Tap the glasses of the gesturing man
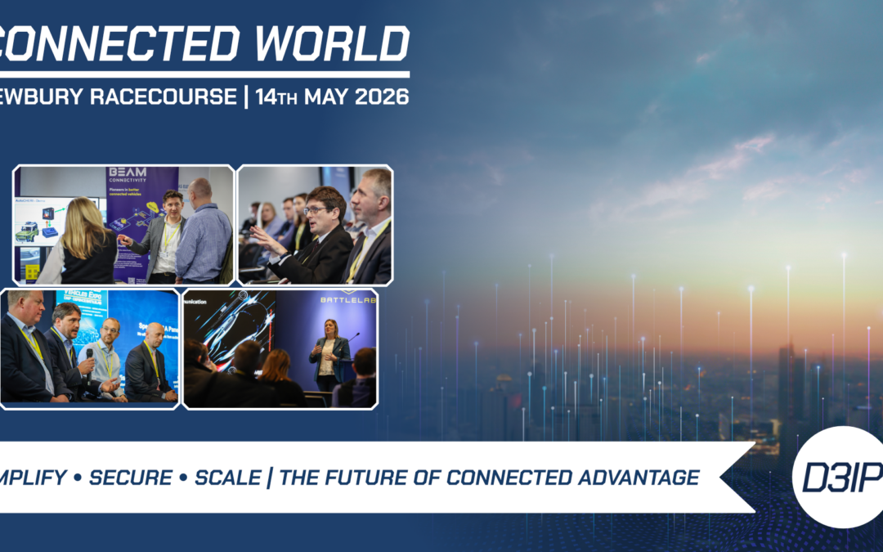pos(316,210)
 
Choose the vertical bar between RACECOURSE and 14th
pos(245,96)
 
